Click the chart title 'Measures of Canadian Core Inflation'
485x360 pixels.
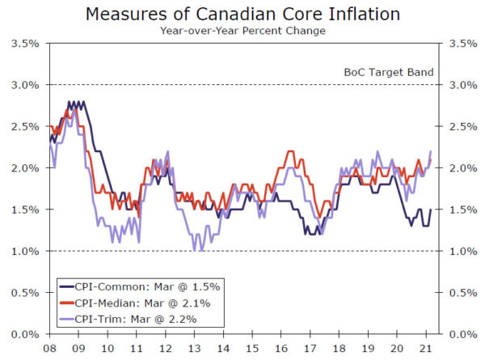point(243,14)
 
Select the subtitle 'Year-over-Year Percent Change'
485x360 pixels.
point(243,30)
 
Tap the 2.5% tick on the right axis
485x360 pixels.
point(460,126)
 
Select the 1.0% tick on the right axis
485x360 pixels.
point(460,251)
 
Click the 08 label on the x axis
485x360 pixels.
point(50,347)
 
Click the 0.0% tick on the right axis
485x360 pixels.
point(460,333)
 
